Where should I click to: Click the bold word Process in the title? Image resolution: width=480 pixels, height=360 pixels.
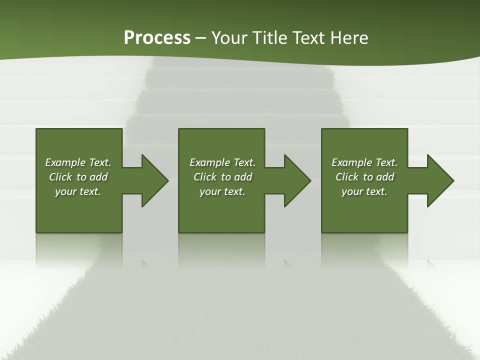(x=157, y=37)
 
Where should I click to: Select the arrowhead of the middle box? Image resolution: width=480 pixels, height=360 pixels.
(x=297, y=180)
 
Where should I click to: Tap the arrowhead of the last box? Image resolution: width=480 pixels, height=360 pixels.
(x=439, y=180)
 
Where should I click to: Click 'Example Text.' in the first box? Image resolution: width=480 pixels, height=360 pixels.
(x=78, y=162)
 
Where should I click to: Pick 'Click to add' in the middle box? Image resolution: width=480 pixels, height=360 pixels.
(x=222, y=177)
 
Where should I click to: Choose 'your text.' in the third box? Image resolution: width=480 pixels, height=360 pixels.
(x=364, y=191)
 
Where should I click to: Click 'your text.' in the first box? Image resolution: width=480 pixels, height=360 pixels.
(x=78, y=191)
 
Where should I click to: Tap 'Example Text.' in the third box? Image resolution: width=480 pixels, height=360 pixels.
(x=364, y=162)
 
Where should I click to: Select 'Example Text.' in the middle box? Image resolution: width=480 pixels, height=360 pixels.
(x=222, y=162)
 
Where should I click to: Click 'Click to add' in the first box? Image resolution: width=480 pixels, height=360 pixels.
(x=78, y=177)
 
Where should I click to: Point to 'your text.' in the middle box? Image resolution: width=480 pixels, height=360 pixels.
(x=222, y=191)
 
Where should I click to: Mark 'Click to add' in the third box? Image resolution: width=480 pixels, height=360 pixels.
(x=364, y=177)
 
